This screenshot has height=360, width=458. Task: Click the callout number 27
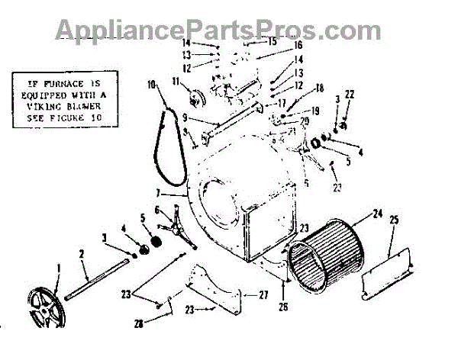[264, 294]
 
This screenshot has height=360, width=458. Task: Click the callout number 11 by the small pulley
[176, 82]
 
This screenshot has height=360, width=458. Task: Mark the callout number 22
[350, 94]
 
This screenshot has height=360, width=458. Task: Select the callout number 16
[276, 47]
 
